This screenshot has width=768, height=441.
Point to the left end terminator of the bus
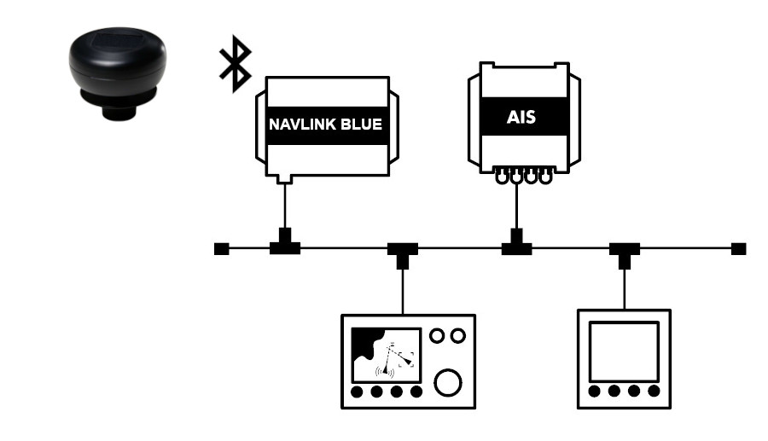pos(221,249)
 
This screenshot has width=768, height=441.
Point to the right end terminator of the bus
pos(739,249)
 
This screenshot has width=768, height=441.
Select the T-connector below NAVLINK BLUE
pos(285,246)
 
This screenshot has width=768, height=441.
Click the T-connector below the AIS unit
pos(516,246)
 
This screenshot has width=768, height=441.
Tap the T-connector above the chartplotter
pos(402,252)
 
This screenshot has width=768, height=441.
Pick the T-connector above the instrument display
pos(625,252)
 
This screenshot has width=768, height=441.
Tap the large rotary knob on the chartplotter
pos(447,383)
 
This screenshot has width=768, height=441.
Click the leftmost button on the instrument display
pos(595,392)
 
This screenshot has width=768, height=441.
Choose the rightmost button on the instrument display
pos(654,392)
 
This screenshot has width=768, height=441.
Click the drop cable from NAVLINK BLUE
pos(285,205)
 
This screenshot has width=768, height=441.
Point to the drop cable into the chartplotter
pos(402,290)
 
